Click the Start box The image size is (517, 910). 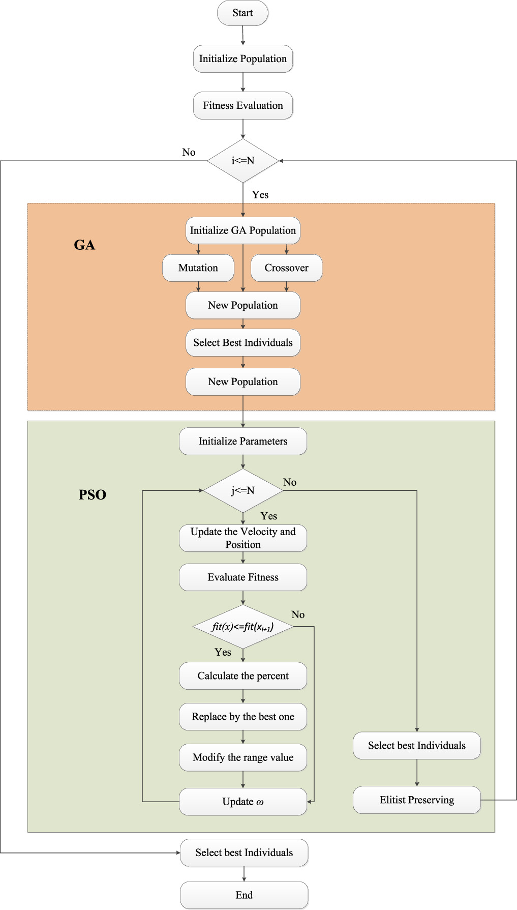point(242,13)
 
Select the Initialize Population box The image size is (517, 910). point(243,59)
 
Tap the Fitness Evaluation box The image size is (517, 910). point(243,106)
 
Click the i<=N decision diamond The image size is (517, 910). point(243,161)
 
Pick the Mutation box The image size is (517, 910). point(198,268)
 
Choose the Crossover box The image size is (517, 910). point(286,268)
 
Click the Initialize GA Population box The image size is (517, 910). point(243,230)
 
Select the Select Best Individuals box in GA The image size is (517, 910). point(243,343)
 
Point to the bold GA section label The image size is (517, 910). point(84,245)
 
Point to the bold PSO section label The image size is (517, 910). point(93,495)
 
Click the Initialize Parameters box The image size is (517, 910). point(243,442)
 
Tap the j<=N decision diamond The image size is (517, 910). point(243,491)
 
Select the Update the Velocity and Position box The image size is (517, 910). point(243,538)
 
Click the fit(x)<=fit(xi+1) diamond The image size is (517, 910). point(243,627)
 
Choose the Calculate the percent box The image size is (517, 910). point(243,676)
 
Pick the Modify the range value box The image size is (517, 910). point(243,758)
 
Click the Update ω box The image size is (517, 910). point(243,802)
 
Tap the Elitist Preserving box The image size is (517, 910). point(417,800)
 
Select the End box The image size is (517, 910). point(244,895)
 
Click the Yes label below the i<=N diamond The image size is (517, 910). point(260,195)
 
